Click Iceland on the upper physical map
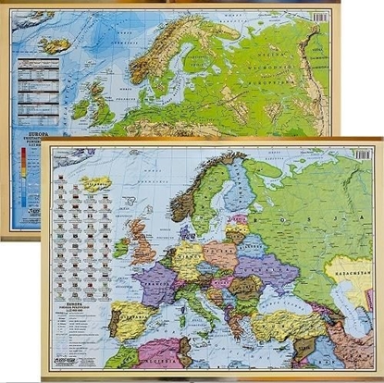pyautogui.click(x=56, y=43)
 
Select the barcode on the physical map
pyautogui.click(x=318, y=17)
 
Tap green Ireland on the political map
pyautogui.click(x=120, y=247)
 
